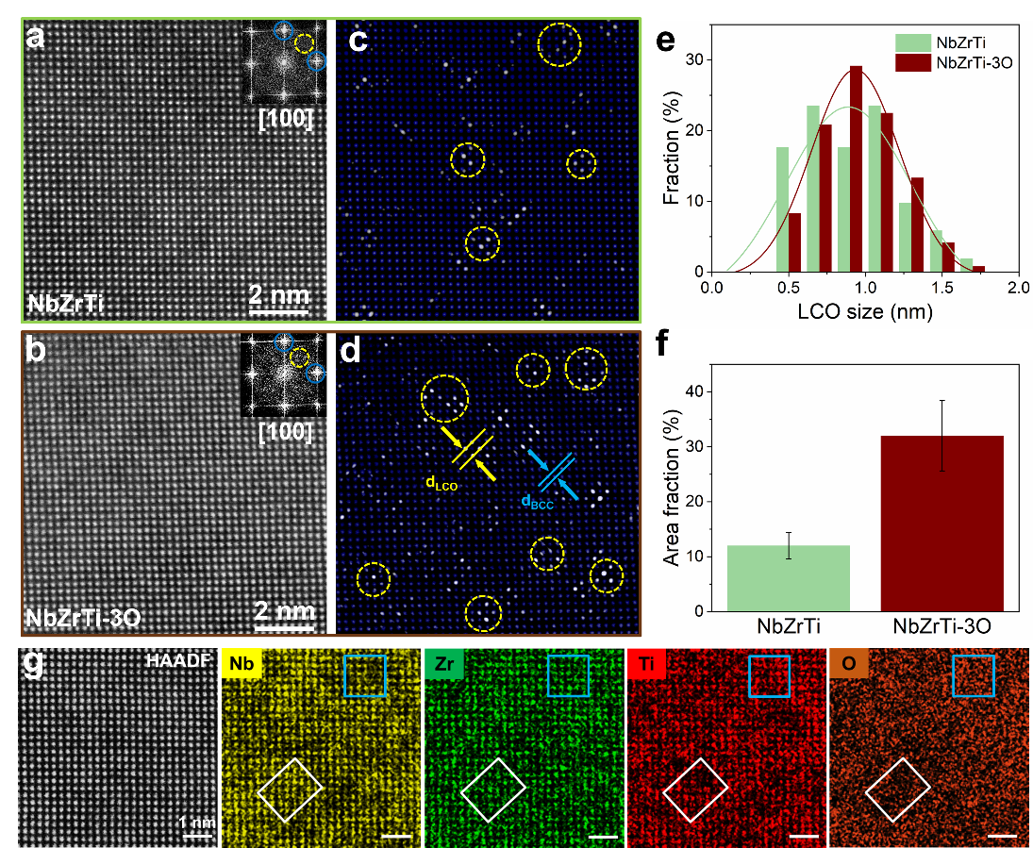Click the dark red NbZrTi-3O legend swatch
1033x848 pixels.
point(911,63)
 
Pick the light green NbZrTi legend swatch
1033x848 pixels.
point(911,42)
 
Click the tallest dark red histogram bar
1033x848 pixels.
point(856,169)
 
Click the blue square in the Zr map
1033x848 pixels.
point(568,675)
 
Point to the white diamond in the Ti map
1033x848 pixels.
point(695,790)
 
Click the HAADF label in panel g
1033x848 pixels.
point(178,663)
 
